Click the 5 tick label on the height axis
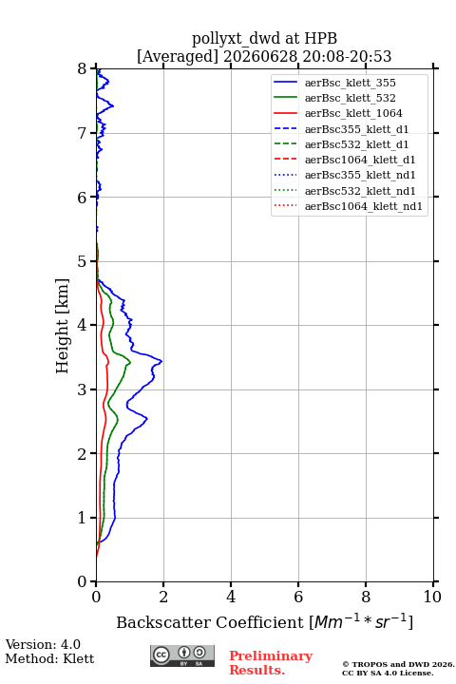point(82,261)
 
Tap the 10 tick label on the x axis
point(432,597)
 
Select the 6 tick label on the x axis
point(298,597)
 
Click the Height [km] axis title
point(63,326)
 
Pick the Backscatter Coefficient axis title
point(264,621)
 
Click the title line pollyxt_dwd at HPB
point(264,38)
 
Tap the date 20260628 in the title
point(260,56)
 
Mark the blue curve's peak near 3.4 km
point(161,361)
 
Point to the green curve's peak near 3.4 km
point(130,362)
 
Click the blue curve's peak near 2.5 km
point(147,419)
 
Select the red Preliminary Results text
point(271,663)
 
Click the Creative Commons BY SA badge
point(182,655)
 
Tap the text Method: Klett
point(49,658)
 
